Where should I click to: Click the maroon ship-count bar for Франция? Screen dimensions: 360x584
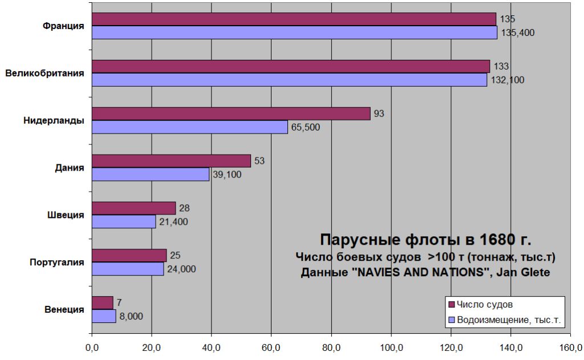pyautogui.click(x=294, y=19)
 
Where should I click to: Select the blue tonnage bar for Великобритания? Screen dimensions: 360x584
pyautogui.click(x=290, y=80)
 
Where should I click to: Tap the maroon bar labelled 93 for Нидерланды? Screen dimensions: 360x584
pyautogui.click(x=231, y=114)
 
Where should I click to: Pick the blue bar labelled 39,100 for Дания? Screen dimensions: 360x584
pyautogui.click(x=151, y=174)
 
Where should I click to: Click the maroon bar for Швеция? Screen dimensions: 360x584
pyautogui.click(x=133, y=208)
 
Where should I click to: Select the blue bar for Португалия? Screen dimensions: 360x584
pyautogui.click(x=128, y=269)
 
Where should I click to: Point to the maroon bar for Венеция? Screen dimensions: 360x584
pyautogui.click(x=103, y=302)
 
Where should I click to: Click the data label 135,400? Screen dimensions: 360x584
pyautogui.click(x=517, y=33)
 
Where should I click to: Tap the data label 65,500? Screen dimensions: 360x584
pyautogui.click(x=306, y=127)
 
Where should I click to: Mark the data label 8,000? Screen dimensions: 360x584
pyautogui.click(x=131, y=316)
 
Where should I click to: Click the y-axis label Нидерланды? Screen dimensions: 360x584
pyautogui.click(x=54, y=120)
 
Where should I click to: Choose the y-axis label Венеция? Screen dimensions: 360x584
pyautogui.click(x=64, y=310)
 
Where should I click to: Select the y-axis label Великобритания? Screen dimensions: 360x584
pyautogui.click(x=45, y=73)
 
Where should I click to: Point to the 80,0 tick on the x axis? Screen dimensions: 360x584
pyautogui.click(x=331, y=347)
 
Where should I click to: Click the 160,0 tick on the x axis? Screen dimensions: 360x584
pyautogui.click(x=570, y=347)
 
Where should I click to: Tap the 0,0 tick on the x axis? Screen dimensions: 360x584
pyautogui.click(x=92, y=347)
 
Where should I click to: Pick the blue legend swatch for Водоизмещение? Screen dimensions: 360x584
pyautogui.click(x=452, y=320)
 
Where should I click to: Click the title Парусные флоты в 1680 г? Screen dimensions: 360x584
pyautogui.click(x=425, y=238)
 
